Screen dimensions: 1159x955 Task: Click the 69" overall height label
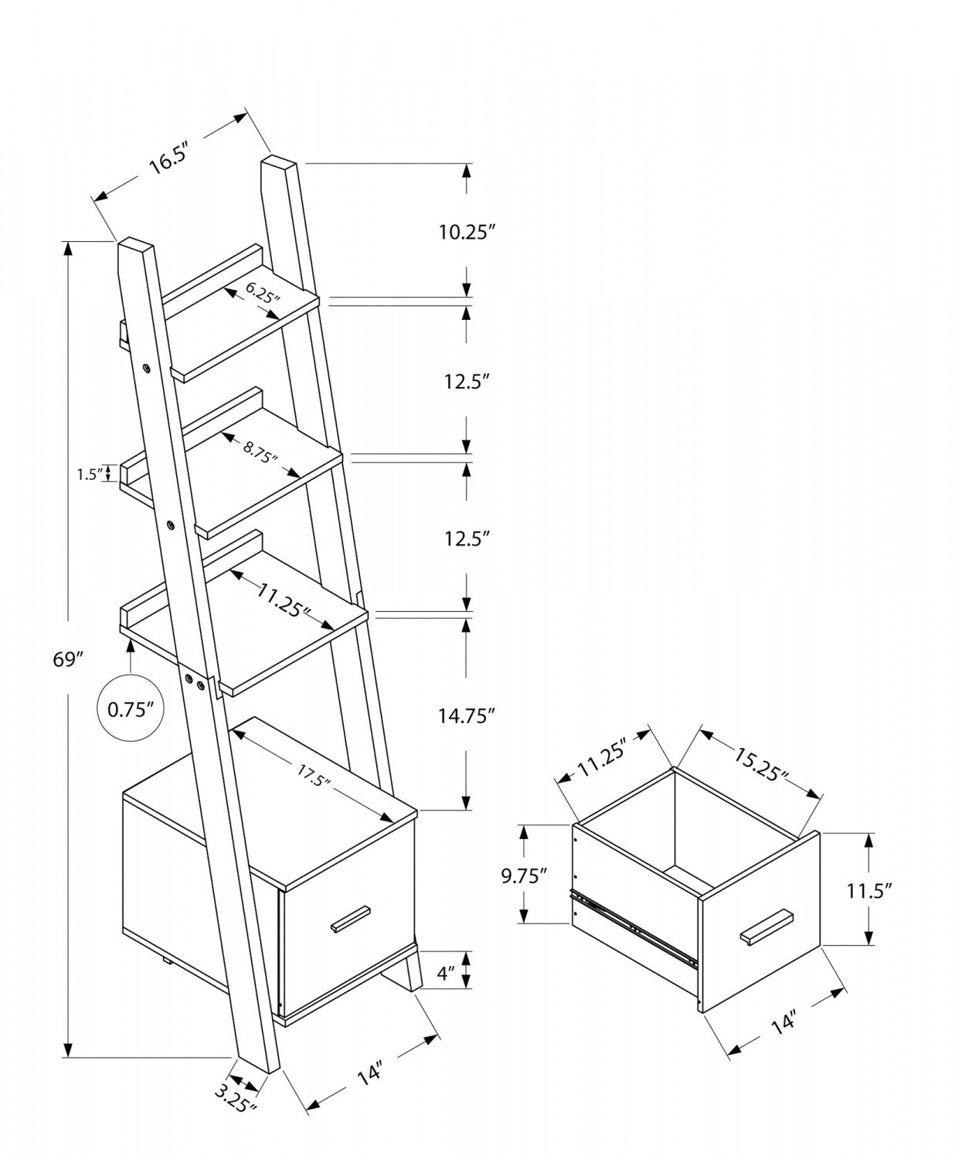(68, 659)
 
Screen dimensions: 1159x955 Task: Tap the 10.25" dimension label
(466, 231)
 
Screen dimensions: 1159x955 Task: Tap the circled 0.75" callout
(131, 709)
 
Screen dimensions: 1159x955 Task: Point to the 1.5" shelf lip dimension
(90, 474)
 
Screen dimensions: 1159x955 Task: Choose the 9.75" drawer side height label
(523, 875)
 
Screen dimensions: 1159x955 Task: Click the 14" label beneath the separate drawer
(783, 1022)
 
